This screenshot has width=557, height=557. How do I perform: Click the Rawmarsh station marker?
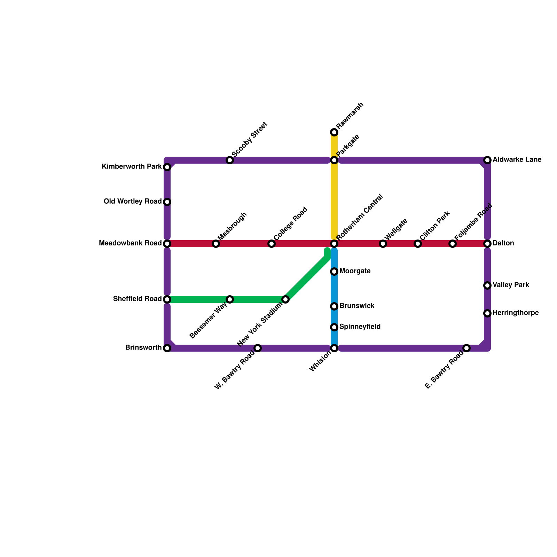click(334, 132)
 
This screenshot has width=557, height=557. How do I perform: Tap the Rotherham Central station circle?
click(334, 244)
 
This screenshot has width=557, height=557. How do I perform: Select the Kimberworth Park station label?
click(132, 167)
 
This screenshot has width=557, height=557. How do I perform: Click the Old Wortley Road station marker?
click(167, 202)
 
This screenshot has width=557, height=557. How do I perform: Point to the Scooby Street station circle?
click(230, 160)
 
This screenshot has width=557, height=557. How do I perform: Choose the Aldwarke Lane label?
click(517, 160)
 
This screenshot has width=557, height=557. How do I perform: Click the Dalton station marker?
click(487, 244)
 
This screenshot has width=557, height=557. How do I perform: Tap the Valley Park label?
click(511, 285)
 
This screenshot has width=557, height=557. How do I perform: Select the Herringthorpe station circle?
click(487, 313)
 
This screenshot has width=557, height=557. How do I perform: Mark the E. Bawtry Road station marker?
click(466, 348)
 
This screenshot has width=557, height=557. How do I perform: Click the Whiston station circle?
click(334, 348)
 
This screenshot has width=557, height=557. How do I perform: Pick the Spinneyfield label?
click(360, 327)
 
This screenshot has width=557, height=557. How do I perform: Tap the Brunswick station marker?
click(334, 306)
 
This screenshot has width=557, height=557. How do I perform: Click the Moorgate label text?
click(355, 271)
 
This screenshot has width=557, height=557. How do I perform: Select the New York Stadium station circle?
click(285, 299)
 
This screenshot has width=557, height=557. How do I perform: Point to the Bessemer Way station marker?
click(230, 299)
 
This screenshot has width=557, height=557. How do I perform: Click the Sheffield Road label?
click(137, 299)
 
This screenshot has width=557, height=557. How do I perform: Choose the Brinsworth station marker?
click(167, 348)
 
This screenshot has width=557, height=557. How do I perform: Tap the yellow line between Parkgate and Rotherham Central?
click(334, 202)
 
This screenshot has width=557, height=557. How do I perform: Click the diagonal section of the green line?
click(306, 278)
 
